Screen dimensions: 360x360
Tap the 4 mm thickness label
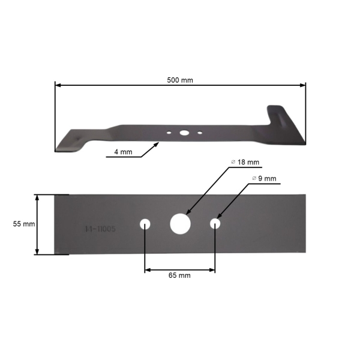click(123, 152)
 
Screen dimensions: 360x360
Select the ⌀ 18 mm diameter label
click(245, 163)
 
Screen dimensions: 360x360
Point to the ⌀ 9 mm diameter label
click(264, 179)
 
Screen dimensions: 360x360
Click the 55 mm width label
click(23, 224)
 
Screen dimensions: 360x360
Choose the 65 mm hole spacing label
click(180, 275)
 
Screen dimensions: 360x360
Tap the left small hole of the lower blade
click(145, 224)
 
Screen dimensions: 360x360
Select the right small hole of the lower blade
click(215, 224)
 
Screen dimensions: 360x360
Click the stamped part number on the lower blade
click(100, 229)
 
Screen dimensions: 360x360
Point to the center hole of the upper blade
click(184, 131)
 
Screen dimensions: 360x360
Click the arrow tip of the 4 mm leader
click(159, 143)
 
